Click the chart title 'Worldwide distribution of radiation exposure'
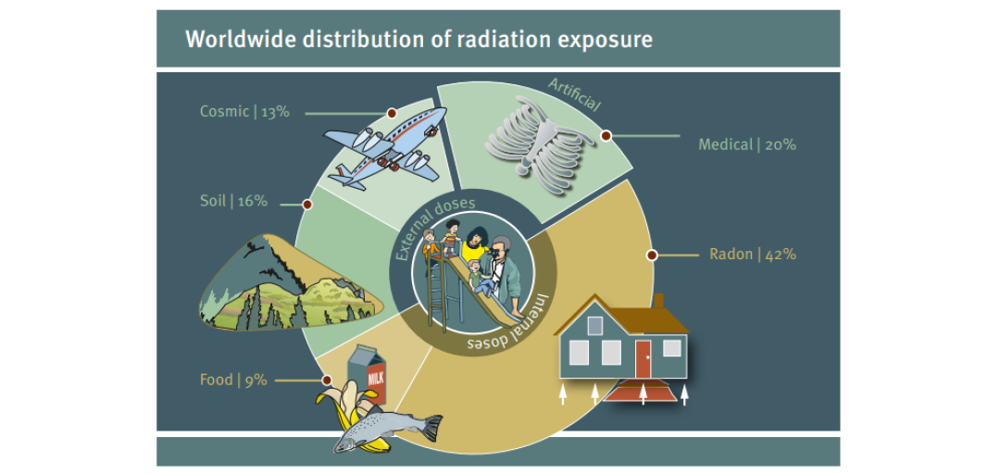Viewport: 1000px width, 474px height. click(x=419, y=40)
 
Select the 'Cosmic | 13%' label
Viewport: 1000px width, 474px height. click(x=244, y=112)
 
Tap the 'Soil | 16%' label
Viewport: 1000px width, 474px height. click(x=233, y=201)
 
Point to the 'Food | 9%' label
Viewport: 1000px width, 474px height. click(x=233, y=380)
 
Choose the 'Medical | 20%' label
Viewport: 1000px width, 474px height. click(x=747, y=144)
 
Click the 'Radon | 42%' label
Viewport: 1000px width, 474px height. click(x=753, y=254)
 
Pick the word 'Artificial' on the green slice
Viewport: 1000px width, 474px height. click(x=574, y=94)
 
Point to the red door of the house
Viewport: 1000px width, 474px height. click(x=643, y=358)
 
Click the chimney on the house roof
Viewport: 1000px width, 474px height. click(x=659, y=301)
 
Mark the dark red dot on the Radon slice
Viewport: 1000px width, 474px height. click(x=651, y=256)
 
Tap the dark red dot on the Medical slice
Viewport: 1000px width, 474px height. click(x=606, y=135)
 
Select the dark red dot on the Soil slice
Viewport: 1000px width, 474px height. click(x=307, y=205)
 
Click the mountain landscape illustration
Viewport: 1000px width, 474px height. click(x=291, y=283)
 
